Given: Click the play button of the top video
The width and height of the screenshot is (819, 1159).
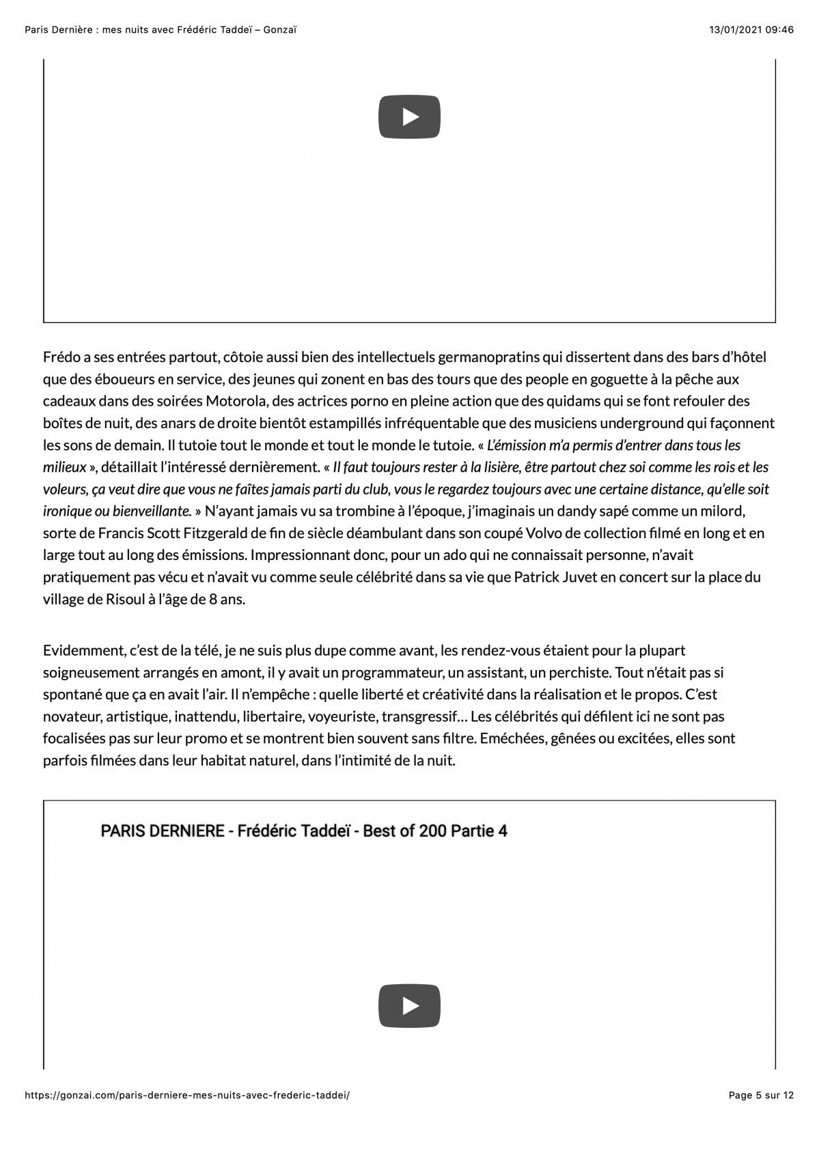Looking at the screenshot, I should (409, 117).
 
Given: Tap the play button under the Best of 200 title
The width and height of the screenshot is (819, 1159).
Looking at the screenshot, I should (409, 1005).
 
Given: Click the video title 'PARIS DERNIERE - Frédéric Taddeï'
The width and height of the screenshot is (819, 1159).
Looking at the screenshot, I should (303, 831).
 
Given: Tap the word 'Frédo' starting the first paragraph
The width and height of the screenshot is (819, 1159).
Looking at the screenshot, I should (62, 357).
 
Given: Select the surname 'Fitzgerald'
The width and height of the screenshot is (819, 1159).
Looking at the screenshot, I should (206, 533).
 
